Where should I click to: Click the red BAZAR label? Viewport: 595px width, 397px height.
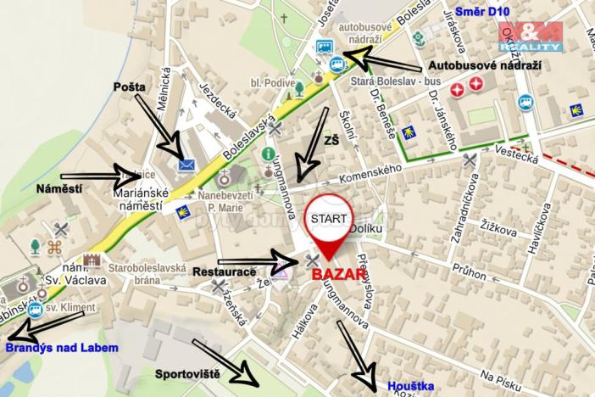[x=337, y=276]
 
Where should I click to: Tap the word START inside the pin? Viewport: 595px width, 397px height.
[x=327, y=217]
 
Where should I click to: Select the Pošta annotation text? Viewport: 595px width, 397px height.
[x=130, y=87]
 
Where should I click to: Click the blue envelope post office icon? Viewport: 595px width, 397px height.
[x=186, y=165]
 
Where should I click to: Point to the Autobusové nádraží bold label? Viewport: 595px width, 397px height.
[x=484, y=65]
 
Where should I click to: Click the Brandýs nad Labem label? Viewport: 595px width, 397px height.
[x=62, y=347]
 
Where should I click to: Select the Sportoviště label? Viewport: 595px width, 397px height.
[x=187, y=372]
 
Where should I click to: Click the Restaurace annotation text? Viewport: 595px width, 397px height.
[x=224, y=272]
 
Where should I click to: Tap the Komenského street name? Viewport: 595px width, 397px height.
[x=371, y=176]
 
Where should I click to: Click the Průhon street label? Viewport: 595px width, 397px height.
[x=469, y=271]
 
